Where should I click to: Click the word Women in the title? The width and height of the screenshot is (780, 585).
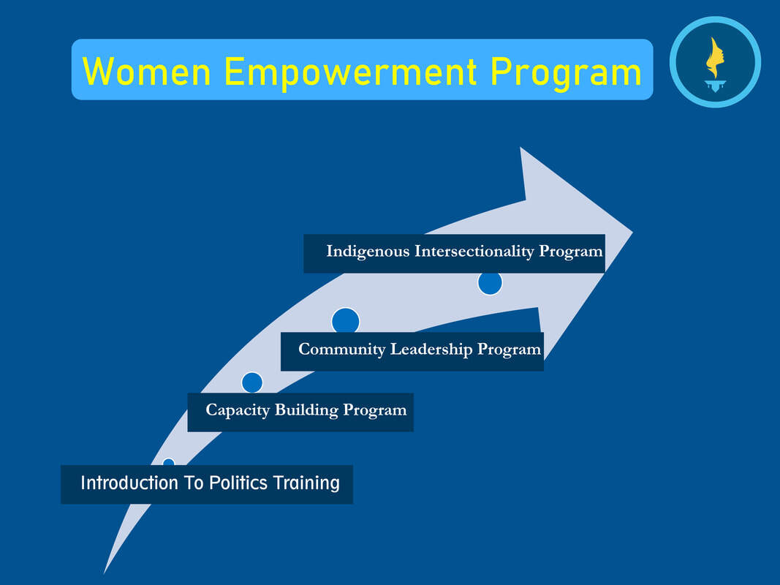tap(147, 72)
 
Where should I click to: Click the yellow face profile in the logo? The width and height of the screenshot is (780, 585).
tap(715, 58)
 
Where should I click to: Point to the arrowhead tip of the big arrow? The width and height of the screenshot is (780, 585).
tap(632, 232)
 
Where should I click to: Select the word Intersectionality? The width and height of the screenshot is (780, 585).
tap(474, 251)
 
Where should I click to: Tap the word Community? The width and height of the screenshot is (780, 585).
tap(341, 350)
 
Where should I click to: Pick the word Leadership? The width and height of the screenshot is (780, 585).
tap(431, 350)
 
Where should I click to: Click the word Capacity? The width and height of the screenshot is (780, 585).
tap(238, 410)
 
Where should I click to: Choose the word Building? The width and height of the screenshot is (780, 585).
tap(306, 410)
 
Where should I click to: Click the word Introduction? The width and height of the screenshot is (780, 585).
tap(129, 483)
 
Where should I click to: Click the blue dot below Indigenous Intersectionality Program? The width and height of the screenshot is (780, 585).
tap(490, 283)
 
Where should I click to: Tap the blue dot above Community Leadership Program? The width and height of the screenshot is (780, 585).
tap(346, 320)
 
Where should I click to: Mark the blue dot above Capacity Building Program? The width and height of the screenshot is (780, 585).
tap(252, 382)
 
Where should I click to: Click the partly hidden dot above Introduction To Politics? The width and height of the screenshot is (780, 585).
tap(169, 462)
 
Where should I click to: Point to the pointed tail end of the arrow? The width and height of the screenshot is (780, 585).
tap(104, 573)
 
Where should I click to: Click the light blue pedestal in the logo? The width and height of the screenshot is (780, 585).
tap(716, 86)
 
